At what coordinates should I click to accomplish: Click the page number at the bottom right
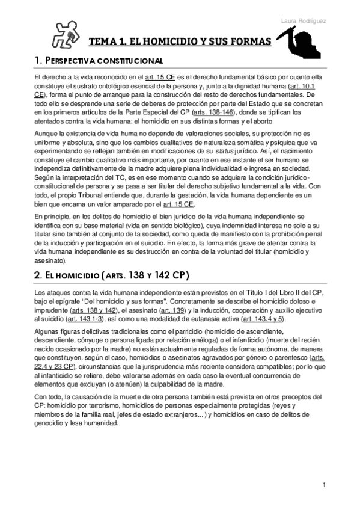coord(324,485)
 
